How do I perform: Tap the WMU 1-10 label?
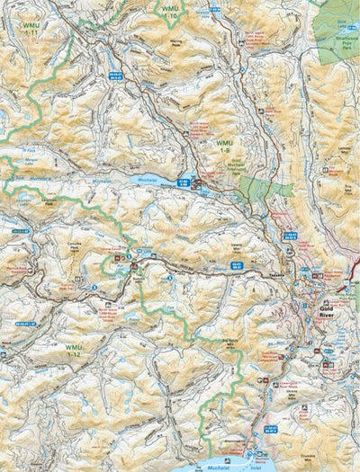click(169, 11)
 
